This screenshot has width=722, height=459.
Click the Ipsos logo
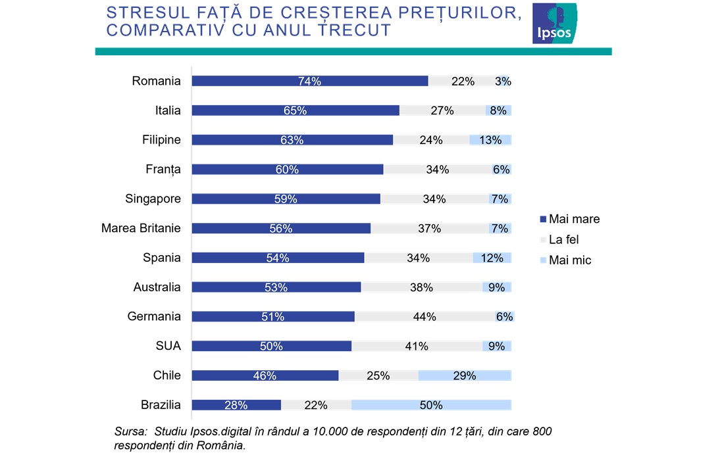(554, 24)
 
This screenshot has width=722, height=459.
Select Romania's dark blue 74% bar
(309, 82)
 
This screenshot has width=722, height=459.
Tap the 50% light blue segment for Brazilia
(431, 405)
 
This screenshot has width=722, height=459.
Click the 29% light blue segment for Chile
(464, 375)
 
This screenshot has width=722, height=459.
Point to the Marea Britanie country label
(141, 228)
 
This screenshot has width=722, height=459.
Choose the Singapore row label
(153, 199)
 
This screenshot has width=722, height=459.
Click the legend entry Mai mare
(569, 219)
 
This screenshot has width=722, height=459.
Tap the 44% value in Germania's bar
(425, 317)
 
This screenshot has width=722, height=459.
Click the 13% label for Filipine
(490, 140)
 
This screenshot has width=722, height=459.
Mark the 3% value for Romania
(503, 82)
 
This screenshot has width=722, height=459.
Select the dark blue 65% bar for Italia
(295, 110)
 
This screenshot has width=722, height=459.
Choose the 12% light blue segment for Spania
(492, 258)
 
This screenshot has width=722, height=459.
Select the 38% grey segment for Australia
(421, 287)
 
